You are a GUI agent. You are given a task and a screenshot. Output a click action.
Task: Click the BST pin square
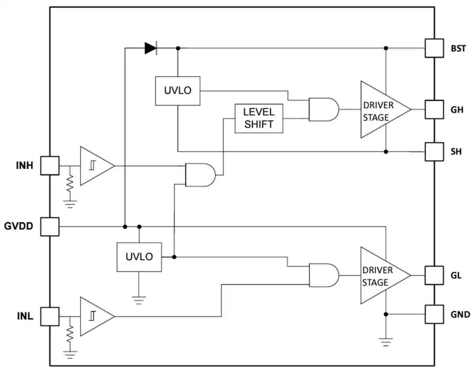tap(434, 48)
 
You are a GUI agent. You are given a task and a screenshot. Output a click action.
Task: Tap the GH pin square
tap(434, 109)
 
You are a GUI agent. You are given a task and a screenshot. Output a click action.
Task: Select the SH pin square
tap(434, 152)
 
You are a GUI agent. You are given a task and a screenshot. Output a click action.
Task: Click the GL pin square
tap(434, 275)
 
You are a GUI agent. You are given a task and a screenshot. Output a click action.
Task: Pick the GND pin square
tap(434, 315)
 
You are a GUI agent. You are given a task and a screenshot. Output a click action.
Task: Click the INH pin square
tap(50, 166)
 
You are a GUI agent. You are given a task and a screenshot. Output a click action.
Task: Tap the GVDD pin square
tap(50, 227)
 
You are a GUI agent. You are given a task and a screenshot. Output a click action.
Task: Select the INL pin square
tap(50, 317)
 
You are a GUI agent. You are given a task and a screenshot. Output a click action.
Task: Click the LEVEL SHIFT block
tap(259, 119)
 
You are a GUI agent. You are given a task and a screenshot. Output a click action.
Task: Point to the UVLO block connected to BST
tap(177, 91)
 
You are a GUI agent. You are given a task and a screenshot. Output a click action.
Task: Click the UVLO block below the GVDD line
tap(139, 257)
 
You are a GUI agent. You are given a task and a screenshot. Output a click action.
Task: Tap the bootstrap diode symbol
tap(151, 48)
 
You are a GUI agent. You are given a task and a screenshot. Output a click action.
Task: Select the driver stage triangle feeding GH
tap(386, 109)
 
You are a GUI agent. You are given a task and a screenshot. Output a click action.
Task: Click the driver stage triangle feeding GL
tap(386, 275)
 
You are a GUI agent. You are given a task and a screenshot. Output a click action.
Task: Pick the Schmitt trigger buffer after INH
tap(97, 166)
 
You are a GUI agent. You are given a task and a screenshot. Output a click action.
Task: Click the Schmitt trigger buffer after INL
tap(97, 317)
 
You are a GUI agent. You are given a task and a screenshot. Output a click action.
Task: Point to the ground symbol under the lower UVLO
tap(139, 300)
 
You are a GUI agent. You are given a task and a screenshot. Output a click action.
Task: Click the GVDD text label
tap(19, 226)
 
